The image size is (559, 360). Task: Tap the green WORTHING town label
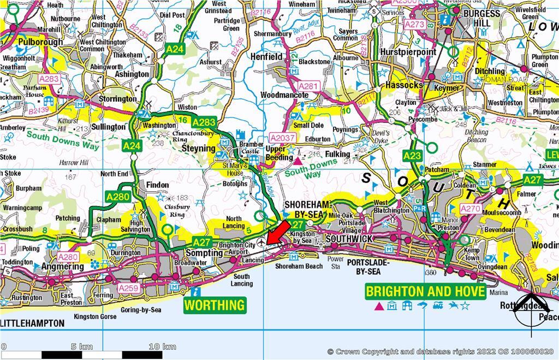tap(215, 305)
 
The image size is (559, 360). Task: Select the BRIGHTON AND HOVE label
tap(425, 292)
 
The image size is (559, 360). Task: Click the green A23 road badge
tap(413, 156)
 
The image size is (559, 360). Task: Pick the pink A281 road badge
tap(308, 86)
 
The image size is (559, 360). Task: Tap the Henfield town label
tap(266, 57)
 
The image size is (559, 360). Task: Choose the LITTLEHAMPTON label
tap(32, 323)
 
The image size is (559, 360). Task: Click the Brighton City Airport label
tap(237, 249)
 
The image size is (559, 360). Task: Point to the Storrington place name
tap(117, 99)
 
